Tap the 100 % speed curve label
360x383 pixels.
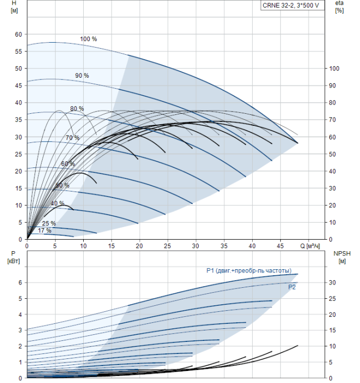click(88, 39)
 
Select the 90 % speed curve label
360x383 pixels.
click(82, 76)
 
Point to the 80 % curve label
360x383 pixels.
click(77, 109)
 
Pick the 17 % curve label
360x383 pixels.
click(44, 230)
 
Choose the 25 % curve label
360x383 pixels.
click(49, 223)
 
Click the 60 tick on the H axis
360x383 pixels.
click(18, 34)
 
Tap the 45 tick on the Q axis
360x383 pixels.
click(281, 246)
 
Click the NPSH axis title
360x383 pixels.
click(340, 257)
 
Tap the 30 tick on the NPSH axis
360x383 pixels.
click(333, 283)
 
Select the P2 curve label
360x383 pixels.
click(292, 286)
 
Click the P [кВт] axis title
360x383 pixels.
click(14, 257)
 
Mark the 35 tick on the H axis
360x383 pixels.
click(18, 120)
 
